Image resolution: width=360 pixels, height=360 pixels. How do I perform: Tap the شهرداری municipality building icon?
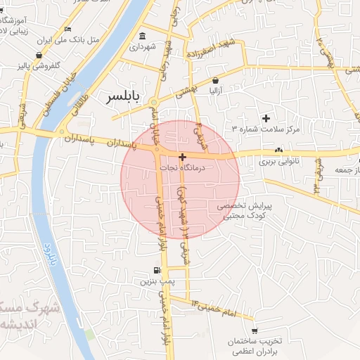pyautogui.click(x=143, y=37)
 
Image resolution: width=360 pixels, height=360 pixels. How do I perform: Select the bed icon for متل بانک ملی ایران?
pyautogui.click(x=67, y=30)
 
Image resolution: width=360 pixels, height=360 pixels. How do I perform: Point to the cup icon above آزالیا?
pyautogui.click(x=214, y=82)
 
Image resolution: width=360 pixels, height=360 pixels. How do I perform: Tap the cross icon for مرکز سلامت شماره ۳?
pyautogui.click(x=266, y=118)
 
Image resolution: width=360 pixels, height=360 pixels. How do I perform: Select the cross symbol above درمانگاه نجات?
pyautogui.click(x=182, y=157)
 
